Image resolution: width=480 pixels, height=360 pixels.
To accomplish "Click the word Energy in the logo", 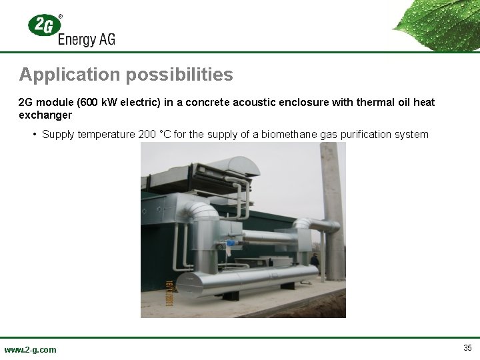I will click(x=76, y=39).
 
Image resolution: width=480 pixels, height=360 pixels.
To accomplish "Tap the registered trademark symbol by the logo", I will click(x=61, y=15).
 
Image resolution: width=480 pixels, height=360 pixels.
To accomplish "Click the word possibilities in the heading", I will click(x=176, y=74).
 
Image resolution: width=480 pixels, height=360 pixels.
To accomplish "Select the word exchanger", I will click(x=45, y=115).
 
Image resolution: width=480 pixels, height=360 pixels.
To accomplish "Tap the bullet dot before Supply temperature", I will click(x=34, y=135).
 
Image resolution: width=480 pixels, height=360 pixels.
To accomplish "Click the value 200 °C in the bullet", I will click(x=155, y=135).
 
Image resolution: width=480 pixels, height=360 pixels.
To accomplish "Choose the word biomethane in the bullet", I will click(x=285, y=135).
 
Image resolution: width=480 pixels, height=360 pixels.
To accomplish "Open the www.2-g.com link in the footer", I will click(x=30, y=349).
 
